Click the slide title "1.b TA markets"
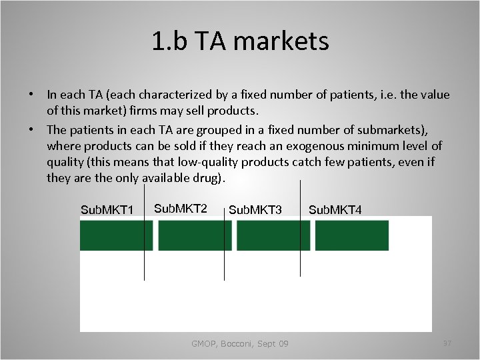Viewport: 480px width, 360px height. coord(240,42)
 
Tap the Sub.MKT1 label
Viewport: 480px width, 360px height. coord(107,210)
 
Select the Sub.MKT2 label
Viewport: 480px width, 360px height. coord(181,208)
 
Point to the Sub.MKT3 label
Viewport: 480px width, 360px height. coord(255,210)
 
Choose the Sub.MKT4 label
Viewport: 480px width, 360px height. coord(335,210)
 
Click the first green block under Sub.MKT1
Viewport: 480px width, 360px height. coord(116,235)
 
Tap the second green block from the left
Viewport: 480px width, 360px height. coord(195,235)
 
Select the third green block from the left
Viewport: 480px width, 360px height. coord(273,235)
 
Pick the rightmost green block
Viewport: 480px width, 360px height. coord(351,235)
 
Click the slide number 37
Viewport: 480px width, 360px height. coord(447,343)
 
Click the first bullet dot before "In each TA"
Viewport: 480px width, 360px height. coord(32,95)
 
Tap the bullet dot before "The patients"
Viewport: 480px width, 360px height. coord(32,129)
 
